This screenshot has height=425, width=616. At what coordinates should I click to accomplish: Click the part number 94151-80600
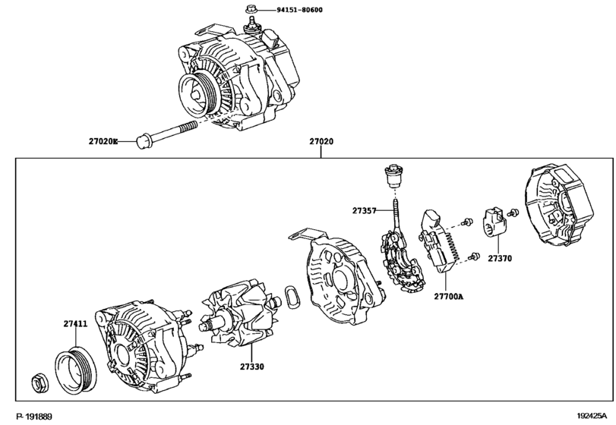299,9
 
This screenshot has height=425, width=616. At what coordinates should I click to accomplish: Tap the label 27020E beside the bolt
103,141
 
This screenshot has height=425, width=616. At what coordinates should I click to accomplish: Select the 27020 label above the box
321,141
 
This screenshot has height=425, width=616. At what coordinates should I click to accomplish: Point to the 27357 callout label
364,210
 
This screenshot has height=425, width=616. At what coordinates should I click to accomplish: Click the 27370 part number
500,258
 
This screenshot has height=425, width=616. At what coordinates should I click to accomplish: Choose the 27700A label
449,296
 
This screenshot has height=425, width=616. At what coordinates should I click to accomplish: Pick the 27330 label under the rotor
252,367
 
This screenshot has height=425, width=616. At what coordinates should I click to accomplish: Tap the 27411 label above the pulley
75,324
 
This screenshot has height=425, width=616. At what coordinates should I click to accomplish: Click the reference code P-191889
34,417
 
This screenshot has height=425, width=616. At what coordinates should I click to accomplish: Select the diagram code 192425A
592,416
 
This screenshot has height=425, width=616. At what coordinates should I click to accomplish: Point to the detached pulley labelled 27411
75,370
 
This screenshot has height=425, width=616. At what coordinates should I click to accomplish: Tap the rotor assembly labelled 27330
240,313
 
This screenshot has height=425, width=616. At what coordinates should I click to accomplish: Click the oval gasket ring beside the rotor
292,297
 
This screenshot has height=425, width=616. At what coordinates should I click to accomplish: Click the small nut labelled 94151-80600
250,8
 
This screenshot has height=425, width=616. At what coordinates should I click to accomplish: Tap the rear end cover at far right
558,206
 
